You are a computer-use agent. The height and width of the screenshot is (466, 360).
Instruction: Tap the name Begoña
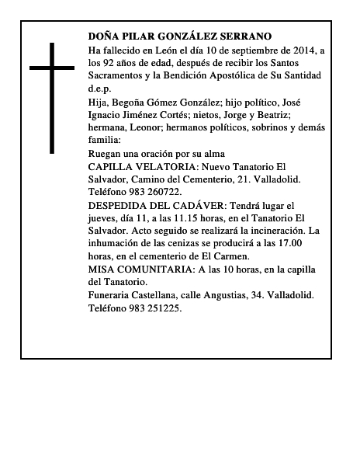(127, 102)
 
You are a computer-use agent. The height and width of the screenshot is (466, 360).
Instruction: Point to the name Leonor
(141, 128)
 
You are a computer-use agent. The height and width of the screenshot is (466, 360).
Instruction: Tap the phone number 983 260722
(157, 192)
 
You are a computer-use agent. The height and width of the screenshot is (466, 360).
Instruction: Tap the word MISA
(102, 270)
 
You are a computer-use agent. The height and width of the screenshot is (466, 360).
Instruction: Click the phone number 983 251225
(157, 308)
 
